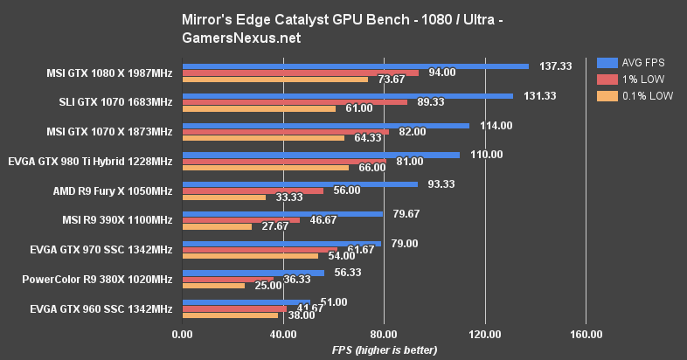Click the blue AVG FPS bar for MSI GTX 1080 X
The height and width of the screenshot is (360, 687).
click(x=355, y=66)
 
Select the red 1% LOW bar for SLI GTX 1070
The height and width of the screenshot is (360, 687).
click(x=295, y=101)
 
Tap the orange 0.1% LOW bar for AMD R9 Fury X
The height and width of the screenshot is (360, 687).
click(x=223, y=197)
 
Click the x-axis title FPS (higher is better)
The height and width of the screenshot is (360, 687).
click(x=384, y=350)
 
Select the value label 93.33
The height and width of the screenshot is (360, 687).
click(x=445, y=184)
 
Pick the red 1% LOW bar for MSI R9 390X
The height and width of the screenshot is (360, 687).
click(x=240, y=220)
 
